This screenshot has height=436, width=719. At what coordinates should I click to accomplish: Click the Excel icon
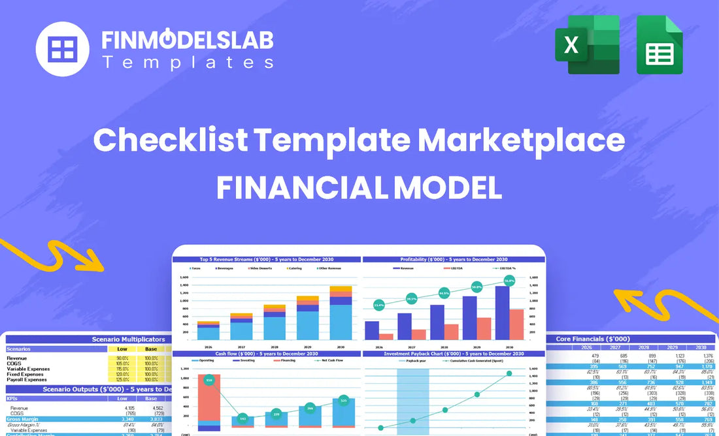pyautogui.click(x=587, y=44)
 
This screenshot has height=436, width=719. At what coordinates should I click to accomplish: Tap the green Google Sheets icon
pyautogui.click(x=660, y=44)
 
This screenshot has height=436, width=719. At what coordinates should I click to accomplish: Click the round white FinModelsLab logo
pyautogui.click(x=62, y=49)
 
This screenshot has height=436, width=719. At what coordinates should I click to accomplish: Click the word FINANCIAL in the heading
pyautogui.click(x=302, y=188)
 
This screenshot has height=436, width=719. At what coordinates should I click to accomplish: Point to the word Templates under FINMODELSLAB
pyautogui.click(x=188, y=63)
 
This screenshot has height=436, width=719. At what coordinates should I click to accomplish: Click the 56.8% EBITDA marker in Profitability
pyautogui.click(x=509, y=281)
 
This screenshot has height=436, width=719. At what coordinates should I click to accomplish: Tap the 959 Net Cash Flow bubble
pyautogui.click(x=209, y=380)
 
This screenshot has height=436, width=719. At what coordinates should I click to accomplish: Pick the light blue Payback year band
pyautogui.click(x=413, y=398)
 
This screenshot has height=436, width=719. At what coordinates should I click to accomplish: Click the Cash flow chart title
pyautogui.click(x=266, y=353)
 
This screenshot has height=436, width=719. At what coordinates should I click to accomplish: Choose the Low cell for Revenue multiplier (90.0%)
pyautogui.click(x=122, y=358)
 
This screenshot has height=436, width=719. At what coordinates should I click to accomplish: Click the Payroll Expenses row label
pyautogui.click(x=27, y=379)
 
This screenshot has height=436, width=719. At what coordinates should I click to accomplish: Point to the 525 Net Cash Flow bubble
pyautogui.click(x=344, y=400)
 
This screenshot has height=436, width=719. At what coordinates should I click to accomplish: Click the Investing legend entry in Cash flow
pyautogui.click(x=238, y=360)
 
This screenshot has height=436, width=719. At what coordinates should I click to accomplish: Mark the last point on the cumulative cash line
pyautogui.click(x=509, y=373)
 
